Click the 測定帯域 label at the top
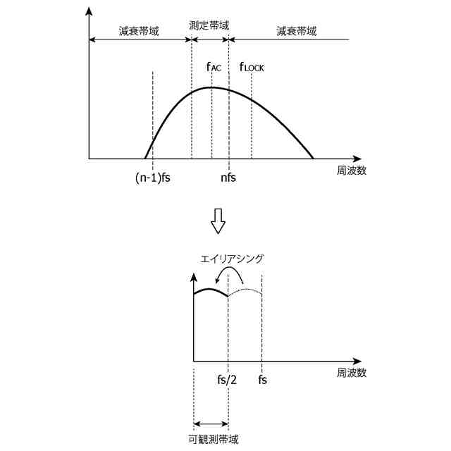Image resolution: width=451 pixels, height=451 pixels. [x=209, y=25]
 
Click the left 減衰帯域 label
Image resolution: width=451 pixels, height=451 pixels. [x=139, y=32]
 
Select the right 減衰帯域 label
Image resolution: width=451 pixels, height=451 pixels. [x=297, y=32]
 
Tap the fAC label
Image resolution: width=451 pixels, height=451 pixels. [x=214, y=67]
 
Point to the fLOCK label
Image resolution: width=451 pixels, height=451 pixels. [x=252, y=67]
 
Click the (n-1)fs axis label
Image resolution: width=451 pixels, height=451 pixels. [x=153, y=178]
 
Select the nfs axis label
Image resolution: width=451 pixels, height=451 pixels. [x=228, y=178]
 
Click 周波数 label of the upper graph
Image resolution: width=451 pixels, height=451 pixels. [x=351, y=171]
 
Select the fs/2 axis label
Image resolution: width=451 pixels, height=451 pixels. [x=228, y=380]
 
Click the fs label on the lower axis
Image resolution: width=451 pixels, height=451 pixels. [x=262, y=380]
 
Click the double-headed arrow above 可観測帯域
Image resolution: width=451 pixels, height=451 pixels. [x=211, y=424]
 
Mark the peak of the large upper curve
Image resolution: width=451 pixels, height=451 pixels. [x=211, y=87]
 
